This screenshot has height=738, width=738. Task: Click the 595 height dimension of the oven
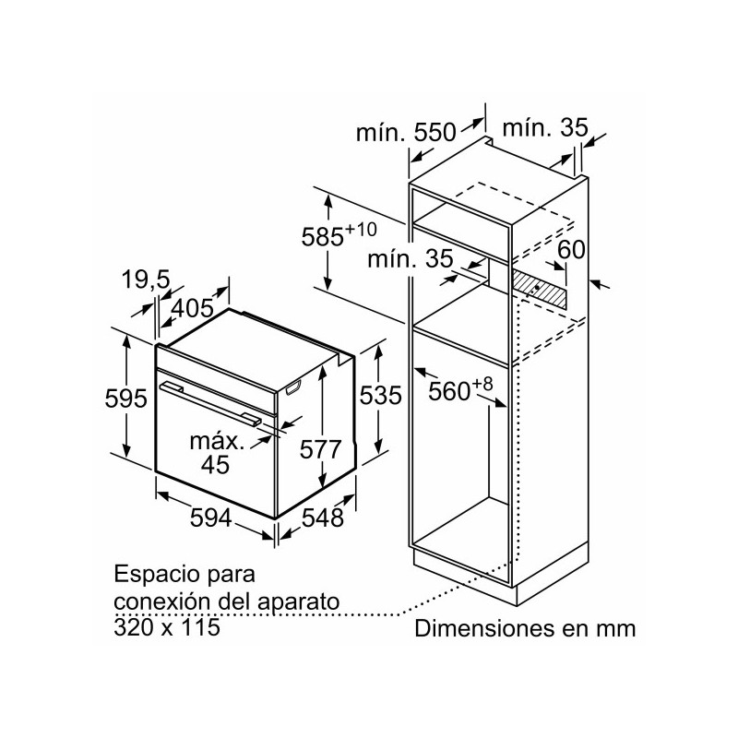point(126,399)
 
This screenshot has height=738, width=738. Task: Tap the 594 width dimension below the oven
point(204,518)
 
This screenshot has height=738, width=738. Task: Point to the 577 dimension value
point(321,449)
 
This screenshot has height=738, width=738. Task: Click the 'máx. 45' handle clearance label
point(218,451)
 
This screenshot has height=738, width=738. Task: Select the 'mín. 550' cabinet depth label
point(406,132)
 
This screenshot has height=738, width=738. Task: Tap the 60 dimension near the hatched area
point(572,249)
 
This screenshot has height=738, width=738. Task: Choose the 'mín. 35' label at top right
point(545,129)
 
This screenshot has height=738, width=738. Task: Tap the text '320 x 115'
point(169,626)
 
